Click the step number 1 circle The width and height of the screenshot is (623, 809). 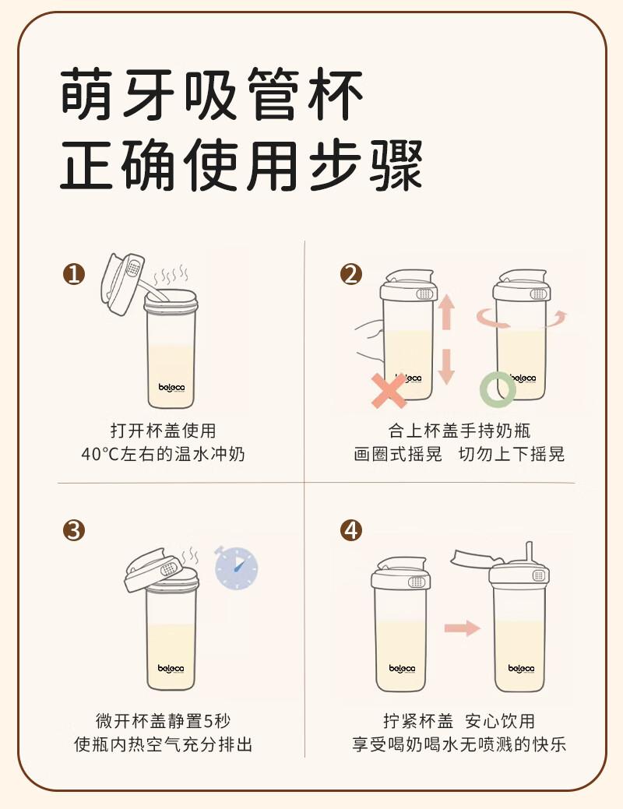click(74, 274)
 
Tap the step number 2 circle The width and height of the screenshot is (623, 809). click(351, 274)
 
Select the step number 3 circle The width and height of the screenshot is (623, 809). click(74, 530)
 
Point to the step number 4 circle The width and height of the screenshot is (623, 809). click(351, 530)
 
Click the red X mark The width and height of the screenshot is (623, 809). click(389, 391)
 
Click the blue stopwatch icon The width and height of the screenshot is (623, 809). click(236, 568)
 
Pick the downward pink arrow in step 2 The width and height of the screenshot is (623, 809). click(446, 367)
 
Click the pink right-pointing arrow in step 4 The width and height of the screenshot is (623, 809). click(463, 628)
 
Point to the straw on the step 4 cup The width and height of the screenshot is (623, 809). click(529, 554)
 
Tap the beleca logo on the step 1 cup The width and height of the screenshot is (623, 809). click(171, 387)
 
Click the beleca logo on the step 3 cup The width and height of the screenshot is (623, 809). click(171, 669)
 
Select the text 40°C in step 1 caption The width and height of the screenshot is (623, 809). click(100, 454)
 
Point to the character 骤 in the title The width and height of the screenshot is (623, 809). click(396, 164)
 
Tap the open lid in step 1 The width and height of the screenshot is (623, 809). click(121, 283)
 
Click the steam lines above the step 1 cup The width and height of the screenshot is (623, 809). click(171, 276)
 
